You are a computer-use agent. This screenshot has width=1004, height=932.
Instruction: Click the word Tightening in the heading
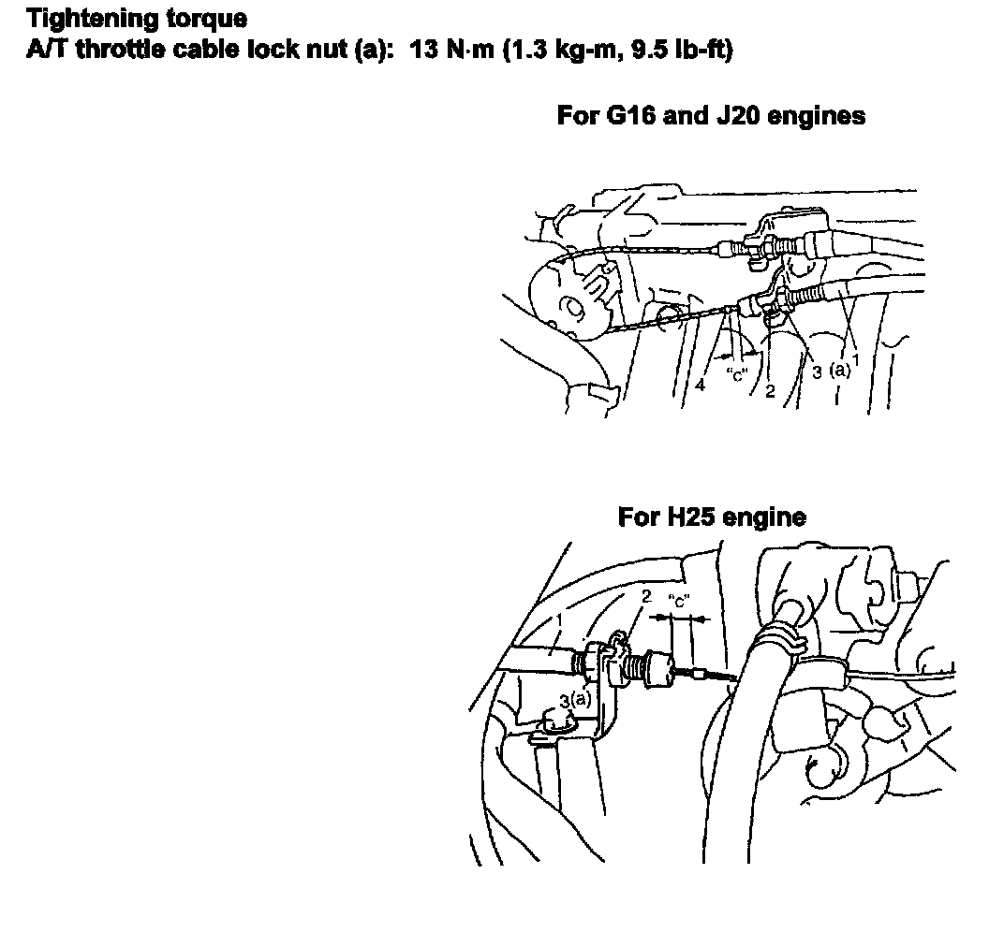pos(91,20)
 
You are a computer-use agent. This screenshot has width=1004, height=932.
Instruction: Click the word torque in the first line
pos(206,20)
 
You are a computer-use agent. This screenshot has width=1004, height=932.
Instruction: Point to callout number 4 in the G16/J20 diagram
pos(700,386)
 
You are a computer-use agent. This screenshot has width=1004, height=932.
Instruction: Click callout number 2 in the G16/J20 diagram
pos(770,391)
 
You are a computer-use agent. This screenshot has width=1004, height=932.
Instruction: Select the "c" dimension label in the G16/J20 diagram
pos(737,375)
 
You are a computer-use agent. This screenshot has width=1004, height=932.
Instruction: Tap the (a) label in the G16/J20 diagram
pos(839,371)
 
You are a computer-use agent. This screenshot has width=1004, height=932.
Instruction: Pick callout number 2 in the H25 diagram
pos(646,596)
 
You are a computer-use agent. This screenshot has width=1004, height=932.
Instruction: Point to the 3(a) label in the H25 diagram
pos(576,701)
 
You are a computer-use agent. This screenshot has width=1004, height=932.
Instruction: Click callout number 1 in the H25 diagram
pos(559,620)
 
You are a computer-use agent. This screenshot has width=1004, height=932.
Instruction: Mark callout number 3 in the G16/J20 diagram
pos(817,372)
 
